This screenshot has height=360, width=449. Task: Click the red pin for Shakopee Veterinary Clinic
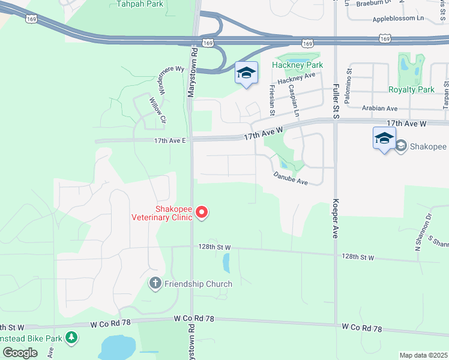[x=202, y=212]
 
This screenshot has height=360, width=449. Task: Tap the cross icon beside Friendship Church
[x=155, y=283]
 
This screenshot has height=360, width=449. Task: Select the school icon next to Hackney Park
[x=246, y=74]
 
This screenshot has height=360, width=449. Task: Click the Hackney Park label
[x=297, y=65]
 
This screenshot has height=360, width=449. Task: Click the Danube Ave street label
[x=291, y=179]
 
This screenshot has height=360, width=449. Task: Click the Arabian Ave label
[x=380, y=109]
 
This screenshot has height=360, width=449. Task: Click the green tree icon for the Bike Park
[x=71, y=338]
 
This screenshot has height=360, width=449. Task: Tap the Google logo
[x=20, y=353]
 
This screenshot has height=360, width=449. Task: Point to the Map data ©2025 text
[x=423, y=355]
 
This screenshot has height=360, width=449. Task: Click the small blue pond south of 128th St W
[x=226, y=262]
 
